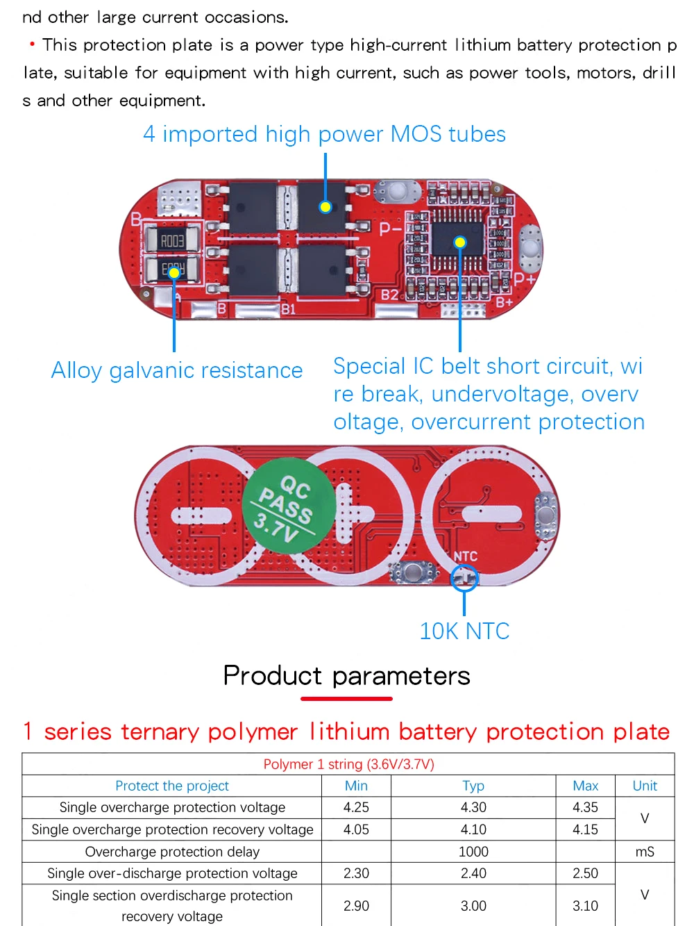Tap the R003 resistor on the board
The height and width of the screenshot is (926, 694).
click(172, 240)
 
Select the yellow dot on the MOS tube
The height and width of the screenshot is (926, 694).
click(325, 206)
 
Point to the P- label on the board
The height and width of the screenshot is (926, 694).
click(389, 228)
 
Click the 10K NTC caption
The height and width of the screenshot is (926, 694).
click(464, 631)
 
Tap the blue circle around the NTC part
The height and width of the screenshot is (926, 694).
click(464, 577)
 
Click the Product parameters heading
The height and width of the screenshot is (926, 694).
click(346, 675)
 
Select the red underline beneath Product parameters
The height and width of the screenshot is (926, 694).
click(346, 699)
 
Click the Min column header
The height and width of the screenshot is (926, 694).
click(356, 786)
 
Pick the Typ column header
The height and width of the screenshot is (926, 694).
click(473, 786)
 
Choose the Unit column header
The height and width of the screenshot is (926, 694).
click(645, 786)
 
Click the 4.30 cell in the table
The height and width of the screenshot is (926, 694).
click(473, 807)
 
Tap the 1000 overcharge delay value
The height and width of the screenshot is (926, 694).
click(473, 852)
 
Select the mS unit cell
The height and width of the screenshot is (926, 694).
click(645, 852)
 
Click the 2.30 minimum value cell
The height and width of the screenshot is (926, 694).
click(356, 873)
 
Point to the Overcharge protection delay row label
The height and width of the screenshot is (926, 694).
click(172, 852)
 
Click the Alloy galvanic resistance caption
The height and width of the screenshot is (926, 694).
click(177, 370)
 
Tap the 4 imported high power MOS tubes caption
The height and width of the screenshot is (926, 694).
click(324, 134)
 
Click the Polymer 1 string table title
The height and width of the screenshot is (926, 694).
click(348, 764)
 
